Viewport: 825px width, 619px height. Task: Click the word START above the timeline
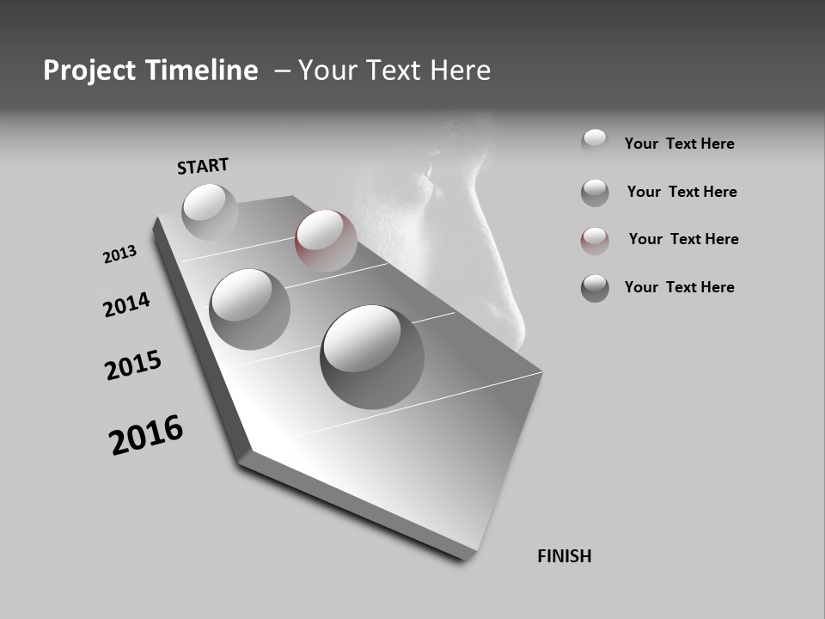(x=203, y=166)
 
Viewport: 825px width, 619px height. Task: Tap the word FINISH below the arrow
(x=565, y=556)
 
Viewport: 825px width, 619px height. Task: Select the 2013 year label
(x=119, y=254)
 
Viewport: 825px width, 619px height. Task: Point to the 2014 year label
(x=126, y=304)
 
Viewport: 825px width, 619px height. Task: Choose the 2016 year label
(x=146, y=435)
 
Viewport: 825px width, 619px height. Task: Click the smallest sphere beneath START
(x=210, y=211)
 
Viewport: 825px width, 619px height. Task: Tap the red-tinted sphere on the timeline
(x=326, y=240)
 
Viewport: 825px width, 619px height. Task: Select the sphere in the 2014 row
(x=250, y=309)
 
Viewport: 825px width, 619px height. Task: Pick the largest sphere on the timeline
(x=372, y=357)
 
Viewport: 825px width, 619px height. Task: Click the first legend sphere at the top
(x=595, y=142)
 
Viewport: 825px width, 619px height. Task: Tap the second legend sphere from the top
(x=595, y=193)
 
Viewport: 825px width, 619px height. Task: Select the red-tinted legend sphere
(x=595, y=241)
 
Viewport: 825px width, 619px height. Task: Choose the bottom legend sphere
(x=595, y=288)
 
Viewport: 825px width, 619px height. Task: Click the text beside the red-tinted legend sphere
(x=683, y=239)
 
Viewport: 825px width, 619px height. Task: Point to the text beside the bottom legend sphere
(x=679, y=287)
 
